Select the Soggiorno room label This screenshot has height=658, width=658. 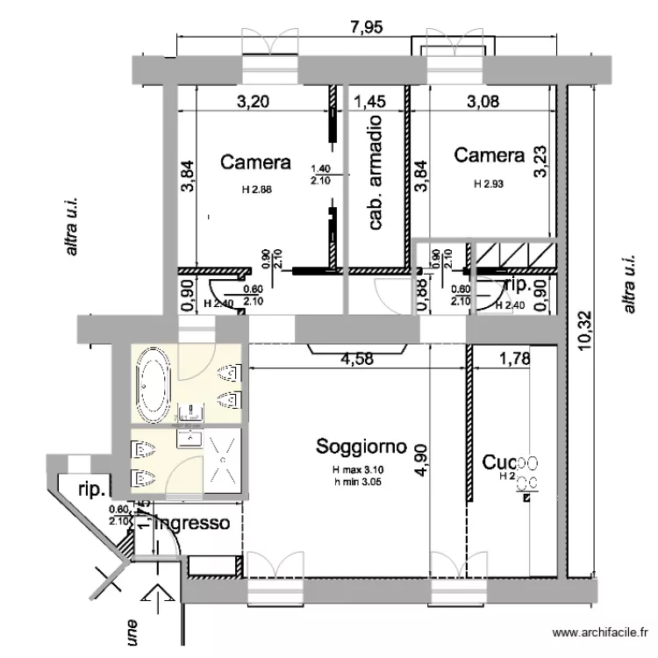pos(361,447)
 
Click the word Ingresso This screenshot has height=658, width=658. pos(192,524)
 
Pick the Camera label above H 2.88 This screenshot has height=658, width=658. pos(255,162)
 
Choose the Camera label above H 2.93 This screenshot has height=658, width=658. pos(489,156)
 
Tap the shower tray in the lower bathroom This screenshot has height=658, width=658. pos(225,458)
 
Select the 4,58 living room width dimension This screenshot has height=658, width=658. pos(358,358)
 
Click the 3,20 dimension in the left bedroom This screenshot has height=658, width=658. pos(254,101)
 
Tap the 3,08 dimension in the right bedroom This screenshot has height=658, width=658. pos(483,101)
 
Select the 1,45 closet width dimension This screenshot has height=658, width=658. pos(369,101)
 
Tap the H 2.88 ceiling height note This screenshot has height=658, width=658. pos(257,189)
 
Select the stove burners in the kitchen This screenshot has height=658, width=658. pos(526,472)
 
